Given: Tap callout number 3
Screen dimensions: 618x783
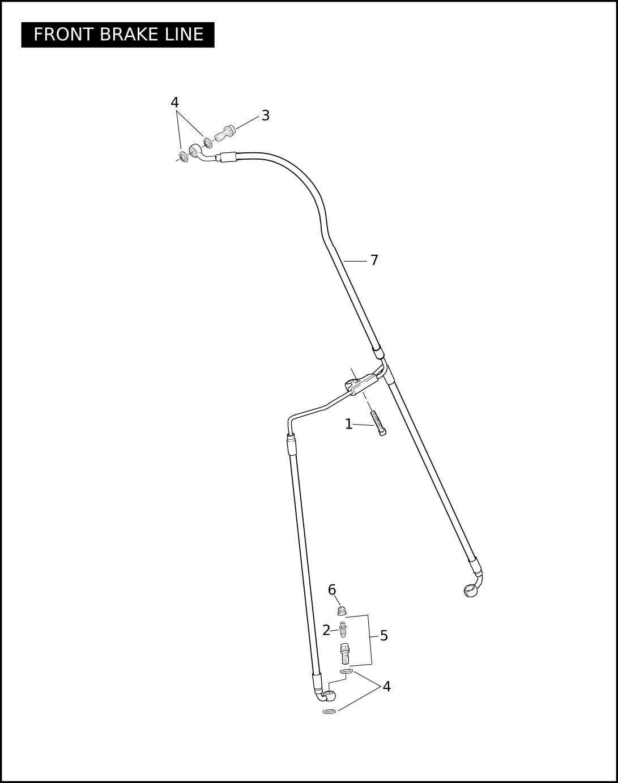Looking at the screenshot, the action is [x=266, y=115].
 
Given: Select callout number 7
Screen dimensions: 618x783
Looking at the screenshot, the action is [x=374, y=260].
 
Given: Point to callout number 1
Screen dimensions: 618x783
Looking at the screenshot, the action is [x=349, y=424].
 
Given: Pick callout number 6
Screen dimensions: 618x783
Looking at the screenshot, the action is [x=332, y=590].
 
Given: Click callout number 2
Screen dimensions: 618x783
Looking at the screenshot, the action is [x=326, y=630].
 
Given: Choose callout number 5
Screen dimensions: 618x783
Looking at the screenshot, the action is [x=384, y=636].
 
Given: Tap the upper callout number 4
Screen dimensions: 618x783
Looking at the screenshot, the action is [x=175, y=102].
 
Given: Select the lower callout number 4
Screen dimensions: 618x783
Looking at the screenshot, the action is [x=387, y=687].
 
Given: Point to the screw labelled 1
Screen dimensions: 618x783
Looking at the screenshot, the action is [x=378, y=423].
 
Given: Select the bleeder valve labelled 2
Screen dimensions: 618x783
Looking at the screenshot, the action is [x=342, y=630].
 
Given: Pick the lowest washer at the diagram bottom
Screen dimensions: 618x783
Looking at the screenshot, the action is [x=329, y=711].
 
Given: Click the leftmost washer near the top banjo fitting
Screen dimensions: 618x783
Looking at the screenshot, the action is [x=183, y=156].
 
